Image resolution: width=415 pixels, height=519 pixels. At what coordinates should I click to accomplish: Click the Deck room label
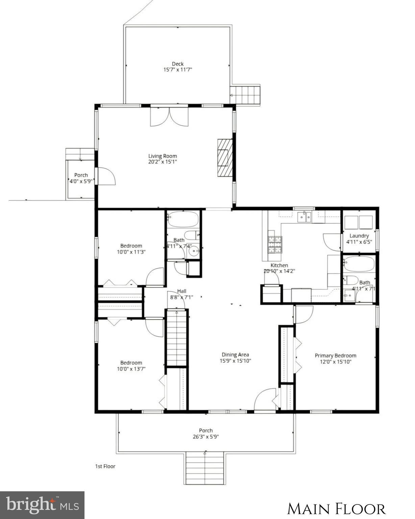[178, 64]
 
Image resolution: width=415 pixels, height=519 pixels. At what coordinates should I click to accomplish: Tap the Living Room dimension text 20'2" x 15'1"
[163, 162]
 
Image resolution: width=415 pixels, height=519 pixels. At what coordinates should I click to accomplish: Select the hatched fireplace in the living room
[225, 157]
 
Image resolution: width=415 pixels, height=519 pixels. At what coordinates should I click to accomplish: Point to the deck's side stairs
[245, 95]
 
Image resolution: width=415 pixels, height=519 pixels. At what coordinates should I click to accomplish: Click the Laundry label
[359, 236]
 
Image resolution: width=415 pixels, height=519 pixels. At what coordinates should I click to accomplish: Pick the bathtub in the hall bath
[183, 219]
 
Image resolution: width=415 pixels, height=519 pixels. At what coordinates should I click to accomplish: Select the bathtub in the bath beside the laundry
[359, 264]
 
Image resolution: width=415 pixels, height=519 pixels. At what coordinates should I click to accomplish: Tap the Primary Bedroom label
[335, 355]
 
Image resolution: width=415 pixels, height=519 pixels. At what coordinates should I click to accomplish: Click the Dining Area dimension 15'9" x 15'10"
[235, 361]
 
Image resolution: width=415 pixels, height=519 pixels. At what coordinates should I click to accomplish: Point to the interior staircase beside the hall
[176, 338]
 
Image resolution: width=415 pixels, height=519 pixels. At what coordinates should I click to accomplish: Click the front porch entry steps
[205, 468]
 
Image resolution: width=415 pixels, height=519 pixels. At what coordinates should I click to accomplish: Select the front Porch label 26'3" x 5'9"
[205, 433]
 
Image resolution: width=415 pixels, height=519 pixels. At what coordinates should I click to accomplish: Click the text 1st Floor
[105, 466]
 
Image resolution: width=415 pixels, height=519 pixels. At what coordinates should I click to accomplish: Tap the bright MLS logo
[42, 505]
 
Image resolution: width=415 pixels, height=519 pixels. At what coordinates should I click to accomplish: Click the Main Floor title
[336, 509]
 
